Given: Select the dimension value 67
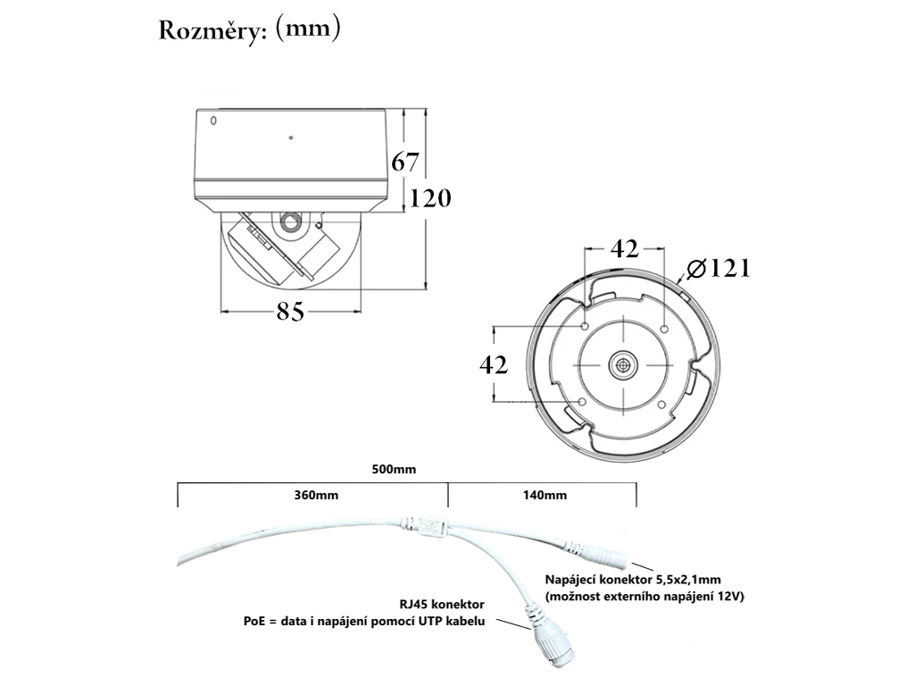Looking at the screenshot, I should [405, 163].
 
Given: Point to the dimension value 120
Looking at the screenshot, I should [430, 197].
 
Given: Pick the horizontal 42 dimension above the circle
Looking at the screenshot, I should [624, 249].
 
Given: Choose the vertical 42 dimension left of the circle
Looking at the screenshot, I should [494, 364].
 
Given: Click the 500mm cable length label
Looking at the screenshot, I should [394, 468].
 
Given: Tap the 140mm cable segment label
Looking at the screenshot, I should [545, 495].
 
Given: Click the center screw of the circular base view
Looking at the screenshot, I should [622, 364].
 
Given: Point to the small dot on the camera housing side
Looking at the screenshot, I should [290, 138].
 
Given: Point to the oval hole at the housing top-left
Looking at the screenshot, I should [213, 121].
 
